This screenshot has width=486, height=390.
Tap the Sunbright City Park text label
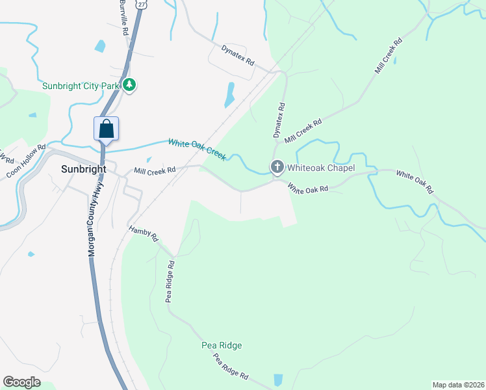(x=82, y=85)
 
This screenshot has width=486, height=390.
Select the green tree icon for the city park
(x=129, y=85)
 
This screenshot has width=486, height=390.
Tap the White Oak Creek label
(x=197, y=148)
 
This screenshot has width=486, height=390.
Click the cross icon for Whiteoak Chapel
(x=277, y=168)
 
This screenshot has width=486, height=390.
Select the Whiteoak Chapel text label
(x=321, y=168)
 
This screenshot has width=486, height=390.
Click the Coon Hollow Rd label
(x=26, y=162)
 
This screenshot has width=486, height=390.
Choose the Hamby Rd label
(x=144, y=234)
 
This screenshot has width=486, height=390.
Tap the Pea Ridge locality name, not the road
(x=221, y=345)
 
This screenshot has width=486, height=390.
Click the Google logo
(x=21, y=382)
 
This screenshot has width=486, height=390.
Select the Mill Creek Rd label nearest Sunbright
(x=155, y=171)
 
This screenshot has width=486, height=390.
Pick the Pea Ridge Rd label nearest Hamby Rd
(x=170, y=282)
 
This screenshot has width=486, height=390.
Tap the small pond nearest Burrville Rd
(x=99, y=46)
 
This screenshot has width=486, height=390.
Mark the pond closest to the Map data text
(x=278, y=380)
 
